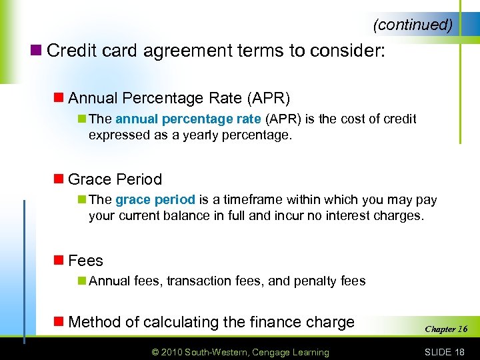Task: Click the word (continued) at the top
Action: pyautogui.click(x=413, y=25)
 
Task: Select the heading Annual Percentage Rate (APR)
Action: pyautogui.click(x=179, y=99)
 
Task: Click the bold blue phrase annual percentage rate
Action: pyautogui.click(x=188, y=119)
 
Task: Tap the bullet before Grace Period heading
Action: pyautogui.click(x=59, y=179)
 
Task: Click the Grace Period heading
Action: pyautogui.click(x=115, y=179)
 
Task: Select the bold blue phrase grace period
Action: pyautogui.click(x=155, y=200)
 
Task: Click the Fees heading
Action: pyautogui.click(x=85, y=261)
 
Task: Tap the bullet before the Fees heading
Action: pyautogui.click(x=59, y=261)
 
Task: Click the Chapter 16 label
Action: pyautogui.click(x=446, y=329)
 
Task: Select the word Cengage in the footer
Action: pyautogui.click(x=287, y=352)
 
